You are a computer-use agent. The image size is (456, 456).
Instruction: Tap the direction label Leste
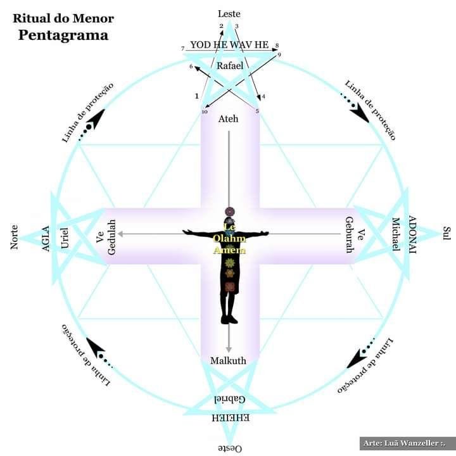tap(229, 14)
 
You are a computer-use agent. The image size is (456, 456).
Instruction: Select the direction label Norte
tap(15, 236)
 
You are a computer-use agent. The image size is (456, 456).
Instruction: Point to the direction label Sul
tap(445, 233)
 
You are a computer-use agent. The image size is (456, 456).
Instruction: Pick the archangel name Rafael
tap(229, 65)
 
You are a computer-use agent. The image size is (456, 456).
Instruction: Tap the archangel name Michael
tap(396, 234)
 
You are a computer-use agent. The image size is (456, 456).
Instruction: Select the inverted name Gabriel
tap(229, 399)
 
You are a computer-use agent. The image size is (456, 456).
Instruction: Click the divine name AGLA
tap(46, 238)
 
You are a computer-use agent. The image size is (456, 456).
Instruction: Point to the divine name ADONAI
tap(412, 234)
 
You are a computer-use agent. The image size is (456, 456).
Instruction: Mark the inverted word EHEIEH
tap(229, 417)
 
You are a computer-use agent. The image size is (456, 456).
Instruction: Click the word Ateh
tap(229, 119)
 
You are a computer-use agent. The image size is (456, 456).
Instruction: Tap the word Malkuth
tap(229, 361)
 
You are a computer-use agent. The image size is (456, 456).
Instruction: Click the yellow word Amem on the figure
tap(229, 250)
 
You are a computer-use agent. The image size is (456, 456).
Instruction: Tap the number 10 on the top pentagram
tap(204, 112)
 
